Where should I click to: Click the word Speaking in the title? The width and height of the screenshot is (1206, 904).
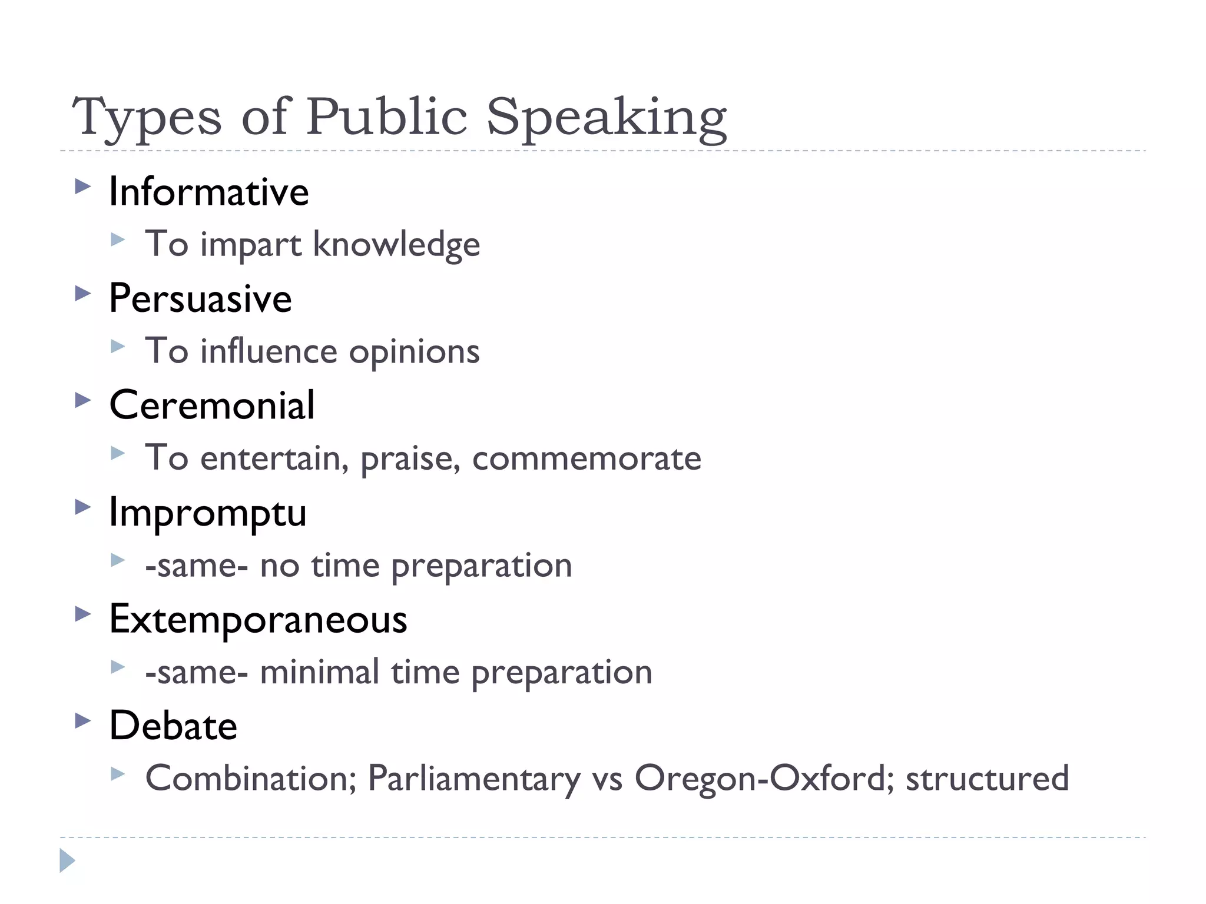coord(607,118)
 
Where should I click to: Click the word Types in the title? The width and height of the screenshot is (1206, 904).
coord(147,118)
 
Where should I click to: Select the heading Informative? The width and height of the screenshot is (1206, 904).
coord(209,192)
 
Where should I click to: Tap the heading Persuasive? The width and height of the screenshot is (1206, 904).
coord(200,298)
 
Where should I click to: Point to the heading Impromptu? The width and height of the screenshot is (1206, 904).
coord(208,512)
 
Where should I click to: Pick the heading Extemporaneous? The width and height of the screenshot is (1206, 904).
coord(258,619)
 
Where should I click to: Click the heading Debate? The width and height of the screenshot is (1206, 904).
coord(173,726)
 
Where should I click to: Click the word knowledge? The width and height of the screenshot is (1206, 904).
coord(396,244)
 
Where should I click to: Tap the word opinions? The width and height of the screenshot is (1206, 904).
coord(415,351)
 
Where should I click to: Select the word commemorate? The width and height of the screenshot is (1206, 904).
coord(587,458)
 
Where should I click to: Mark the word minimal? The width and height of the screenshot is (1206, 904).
coord(320,672)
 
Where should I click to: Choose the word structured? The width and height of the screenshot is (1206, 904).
coord(987,779)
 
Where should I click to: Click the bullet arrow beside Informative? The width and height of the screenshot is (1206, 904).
coord(83,188)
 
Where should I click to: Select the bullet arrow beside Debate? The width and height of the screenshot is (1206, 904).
coord(83,721)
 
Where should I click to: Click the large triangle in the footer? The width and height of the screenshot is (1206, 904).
coord(67,860)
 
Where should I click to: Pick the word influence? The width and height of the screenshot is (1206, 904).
coord(269,351)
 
